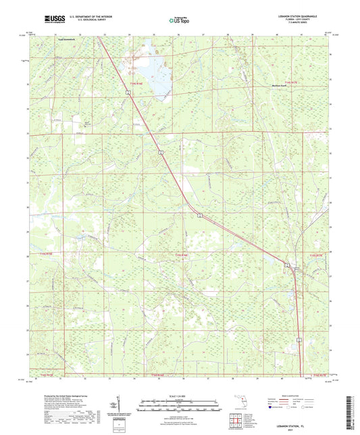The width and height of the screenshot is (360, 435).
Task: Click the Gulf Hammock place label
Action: [x=68, y=39]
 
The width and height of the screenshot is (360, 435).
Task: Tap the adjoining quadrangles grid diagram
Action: [x=237, y=421]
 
